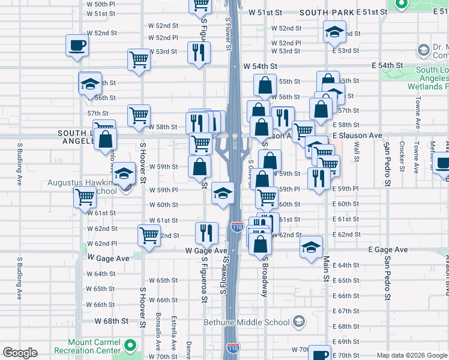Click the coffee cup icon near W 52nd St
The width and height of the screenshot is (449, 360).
pos(77,46)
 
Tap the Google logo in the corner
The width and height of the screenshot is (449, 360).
pos(20,353)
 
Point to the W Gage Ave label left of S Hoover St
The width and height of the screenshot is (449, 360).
pos(109,257)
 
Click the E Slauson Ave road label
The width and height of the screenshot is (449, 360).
pos(357,136)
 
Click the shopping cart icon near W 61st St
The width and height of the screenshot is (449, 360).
pos(84,196)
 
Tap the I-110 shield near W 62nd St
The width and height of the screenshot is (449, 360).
pos(237,227)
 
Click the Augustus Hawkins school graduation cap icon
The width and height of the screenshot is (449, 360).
pos(124,174)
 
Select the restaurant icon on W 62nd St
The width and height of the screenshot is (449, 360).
pos(206,232)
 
